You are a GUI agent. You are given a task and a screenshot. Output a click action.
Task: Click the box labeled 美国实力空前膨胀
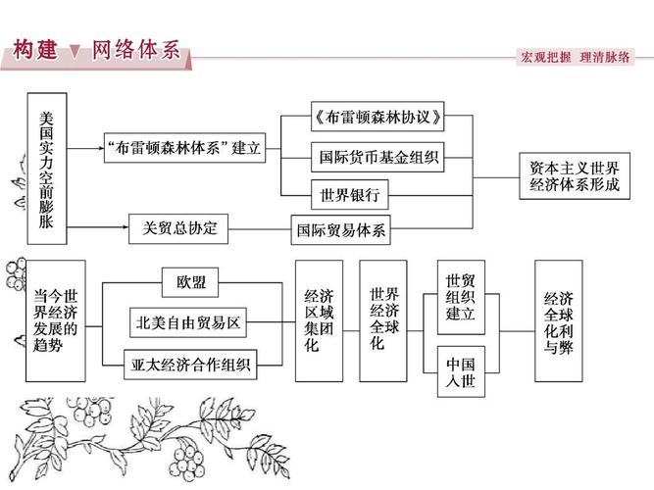pyautogui.click(x=47, y=169)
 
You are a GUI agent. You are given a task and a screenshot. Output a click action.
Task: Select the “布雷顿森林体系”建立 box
pyautogui.click(x=183, y=148)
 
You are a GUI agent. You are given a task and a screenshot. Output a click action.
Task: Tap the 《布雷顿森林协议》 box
pyautogui.click(x=376, y=119)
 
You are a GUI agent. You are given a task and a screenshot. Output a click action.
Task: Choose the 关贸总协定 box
pyautogui.click(x=178, y=229)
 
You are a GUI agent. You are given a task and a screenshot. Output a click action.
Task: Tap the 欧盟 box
pyautogui.click(x=191, y=282)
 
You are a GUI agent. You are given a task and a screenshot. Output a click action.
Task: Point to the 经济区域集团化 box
pyautogui.click(x=318, y=320)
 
